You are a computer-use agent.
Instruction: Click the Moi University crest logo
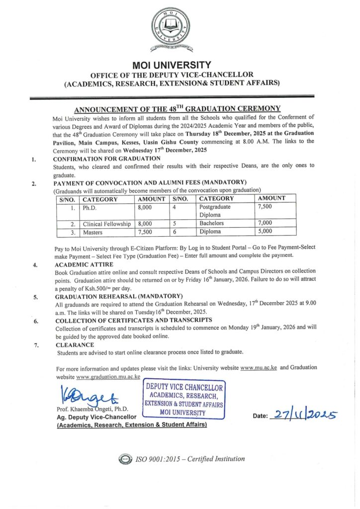tap(172, 31)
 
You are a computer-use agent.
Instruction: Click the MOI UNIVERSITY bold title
tap(172, 65)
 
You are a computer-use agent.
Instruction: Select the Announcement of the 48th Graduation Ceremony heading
tap(178, 109)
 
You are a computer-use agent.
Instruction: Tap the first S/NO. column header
tap(67, 199)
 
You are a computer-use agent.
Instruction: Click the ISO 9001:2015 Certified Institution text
tap(189, 459)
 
